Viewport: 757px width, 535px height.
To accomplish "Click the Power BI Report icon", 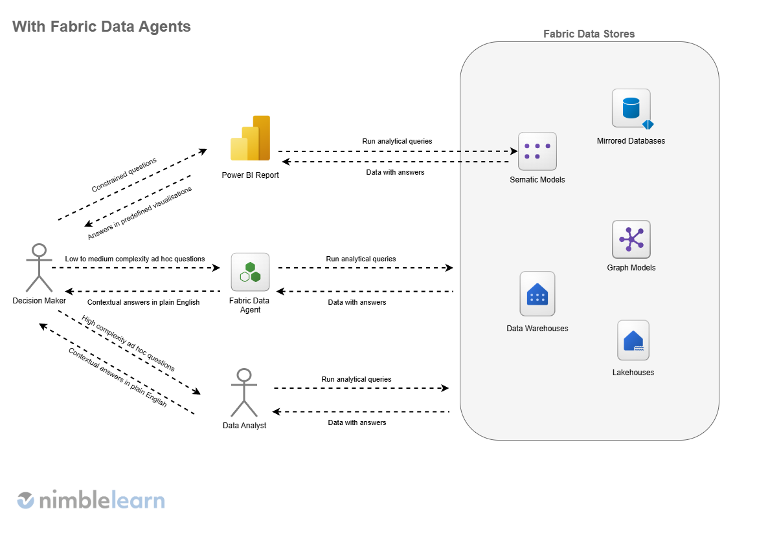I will pos(250,138).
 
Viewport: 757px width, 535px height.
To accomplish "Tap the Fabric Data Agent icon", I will pos(250,272).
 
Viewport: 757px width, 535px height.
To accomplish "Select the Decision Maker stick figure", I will pos(39,268).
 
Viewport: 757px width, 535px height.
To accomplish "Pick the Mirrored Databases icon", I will pos(631,109).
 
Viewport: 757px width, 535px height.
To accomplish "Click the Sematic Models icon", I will pos(537,151).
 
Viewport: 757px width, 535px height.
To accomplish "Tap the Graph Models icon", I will pos(631,239).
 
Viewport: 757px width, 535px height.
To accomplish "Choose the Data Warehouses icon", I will pos(537,294).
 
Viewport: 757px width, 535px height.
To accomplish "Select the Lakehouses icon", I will pos(633,340).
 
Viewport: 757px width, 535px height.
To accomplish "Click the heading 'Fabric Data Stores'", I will pos(589,34).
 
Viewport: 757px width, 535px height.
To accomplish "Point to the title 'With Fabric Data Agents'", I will pos(102,27).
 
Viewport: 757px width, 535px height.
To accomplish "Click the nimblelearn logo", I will pos(91,499).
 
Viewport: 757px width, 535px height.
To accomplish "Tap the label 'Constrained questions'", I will pos(124,175).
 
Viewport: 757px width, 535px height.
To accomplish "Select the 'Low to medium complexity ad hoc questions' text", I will pos(135,259).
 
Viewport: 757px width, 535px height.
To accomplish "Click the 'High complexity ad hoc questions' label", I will pos(128,344).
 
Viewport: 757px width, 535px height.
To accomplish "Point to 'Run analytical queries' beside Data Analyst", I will pos(356,379).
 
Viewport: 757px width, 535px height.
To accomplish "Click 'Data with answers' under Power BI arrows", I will pos(395,172).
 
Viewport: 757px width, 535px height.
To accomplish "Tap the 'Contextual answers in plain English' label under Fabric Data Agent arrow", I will pos(143,302).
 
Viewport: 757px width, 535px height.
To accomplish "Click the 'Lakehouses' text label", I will pos(633,373).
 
